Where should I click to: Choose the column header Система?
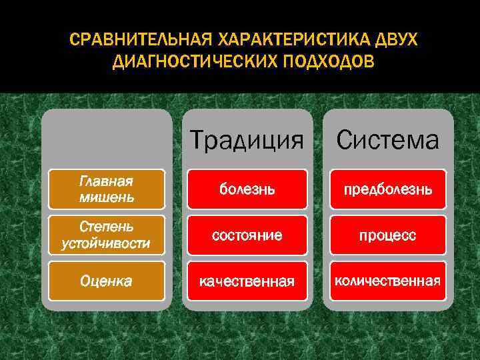pyautogui.click(x=387, y=140)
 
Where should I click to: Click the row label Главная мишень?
pyautogui.click(x=107, y=189)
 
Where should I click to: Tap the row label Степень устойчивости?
pyautogui.click(x=107, y=235)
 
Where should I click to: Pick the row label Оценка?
pyautogui.click(x=107, y=281)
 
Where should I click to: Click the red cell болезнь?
pyautogui.click(x=247, y=189)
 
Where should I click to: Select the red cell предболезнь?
pyautogui.click(x=387, y=189)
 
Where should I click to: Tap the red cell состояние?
pyautogui.click(x=247, y=235)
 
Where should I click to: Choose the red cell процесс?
pyautogui.click(x=387, y=235)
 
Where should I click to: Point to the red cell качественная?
pyautogui.click(x=247, y=281)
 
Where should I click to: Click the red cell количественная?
pyautogui.click(x=387, y=281)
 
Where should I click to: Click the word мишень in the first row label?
pyautogui.click(x=107, y=197)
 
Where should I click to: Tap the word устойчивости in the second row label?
pyautogui.click(x=106, y=243)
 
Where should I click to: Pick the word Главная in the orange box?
pyautogui.click(x=106, y=182)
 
